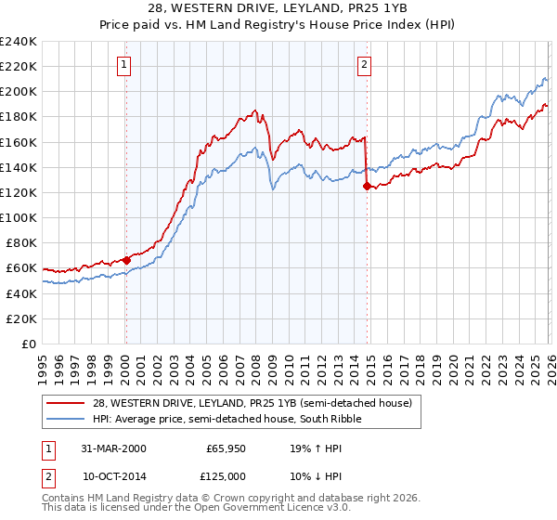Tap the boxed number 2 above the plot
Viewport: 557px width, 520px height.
click(364, 64)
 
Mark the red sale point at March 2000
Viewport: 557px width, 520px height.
click(126, 261)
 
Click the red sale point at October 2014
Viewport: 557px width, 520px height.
click(366, 186)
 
